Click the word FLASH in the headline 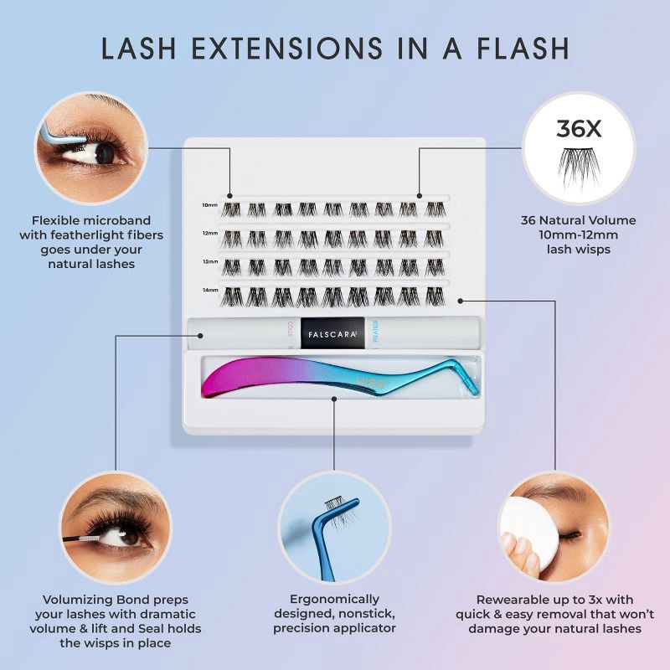517,48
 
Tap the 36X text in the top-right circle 579,128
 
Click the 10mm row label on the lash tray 209,205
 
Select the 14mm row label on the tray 209,291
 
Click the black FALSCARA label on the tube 332,331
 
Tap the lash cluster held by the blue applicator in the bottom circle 335,504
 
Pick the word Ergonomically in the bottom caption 334,600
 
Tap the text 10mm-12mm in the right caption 579,234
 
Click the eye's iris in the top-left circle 104,153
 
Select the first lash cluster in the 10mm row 230,209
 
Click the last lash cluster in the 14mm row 434,296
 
